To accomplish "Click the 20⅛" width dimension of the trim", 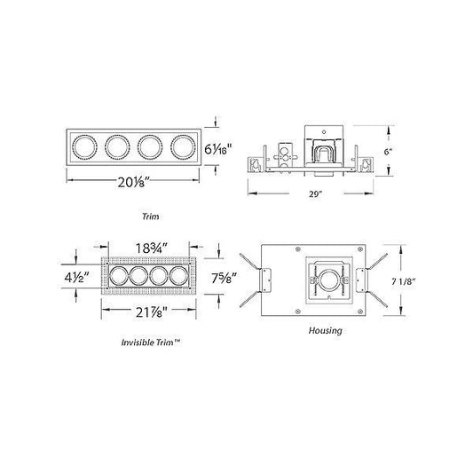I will coord(130,185).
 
